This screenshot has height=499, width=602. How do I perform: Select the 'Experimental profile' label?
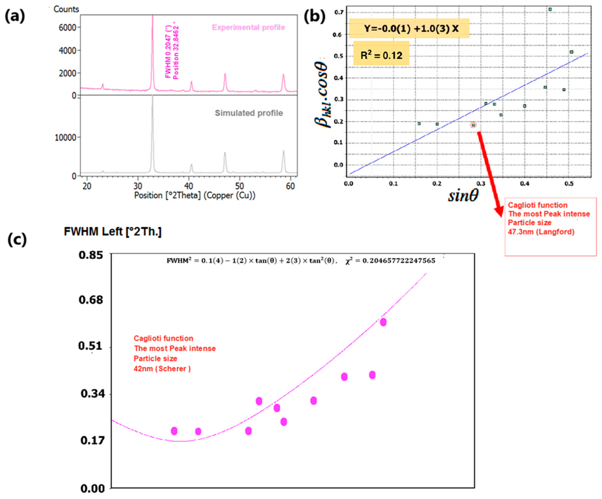[x=248, y=28]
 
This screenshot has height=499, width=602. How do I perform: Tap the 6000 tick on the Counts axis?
[x=67, y=28]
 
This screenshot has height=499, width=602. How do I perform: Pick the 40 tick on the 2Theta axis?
[x=189, y=186]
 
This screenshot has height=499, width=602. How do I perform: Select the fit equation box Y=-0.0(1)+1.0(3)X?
[x=409, y=28]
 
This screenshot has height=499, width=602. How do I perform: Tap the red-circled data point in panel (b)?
[x=473, y=125]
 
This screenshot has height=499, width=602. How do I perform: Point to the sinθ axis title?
[x=463, y=196]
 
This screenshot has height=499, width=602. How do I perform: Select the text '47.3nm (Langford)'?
[x=541, y=232]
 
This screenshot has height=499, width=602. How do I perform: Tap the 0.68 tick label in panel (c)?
[x=91, y=300]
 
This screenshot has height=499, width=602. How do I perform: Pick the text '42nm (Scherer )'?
[x=162, y=369]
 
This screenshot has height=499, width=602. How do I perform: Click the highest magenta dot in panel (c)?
[x=383, y=322]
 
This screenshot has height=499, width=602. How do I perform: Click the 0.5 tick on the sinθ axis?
[x=569, y=184]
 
